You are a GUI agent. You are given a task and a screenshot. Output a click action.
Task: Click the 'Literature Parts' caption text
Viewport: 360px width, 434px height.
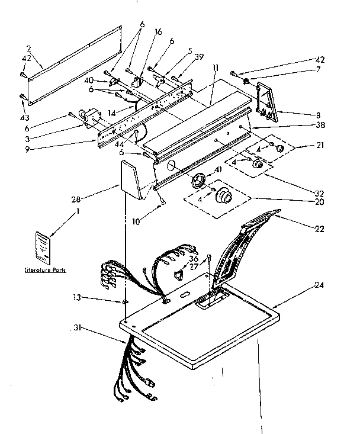point(45,270)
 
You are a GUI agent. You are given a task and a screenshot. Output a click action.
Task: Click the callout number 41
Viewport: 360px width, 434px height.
point(217,171)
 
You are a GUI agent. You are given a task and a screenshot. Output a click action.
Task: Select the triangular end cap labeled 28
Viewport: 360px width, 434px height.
point(131,181)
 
